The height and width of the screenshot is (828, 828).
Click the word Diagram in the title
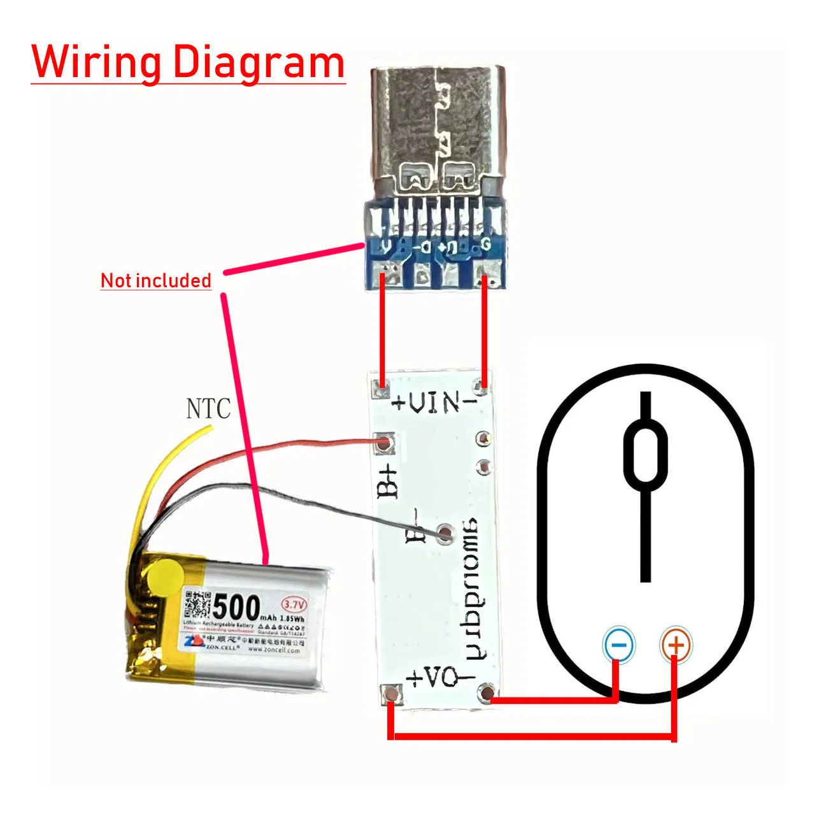tap(259, 62)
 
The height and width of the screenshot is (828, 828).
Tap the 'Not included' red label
tap(156, 280)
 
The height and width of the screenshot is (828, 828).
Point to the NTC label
tap(208, 409)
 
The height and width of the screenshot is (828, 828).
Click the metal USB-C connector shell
tap(438, 127)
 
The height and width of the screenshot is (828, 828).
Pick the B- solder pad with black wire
tap(445, 533)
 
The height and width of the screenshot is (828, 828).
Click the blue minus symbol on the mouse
tap(618, 645)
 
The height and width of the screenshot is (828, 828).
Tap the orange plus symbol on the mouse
tap(676, 645)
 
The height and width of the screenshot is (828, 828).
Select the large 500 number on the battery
tap(237, 608)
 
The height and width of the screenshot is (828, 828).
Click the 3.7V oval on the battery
tap(294, 604)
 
